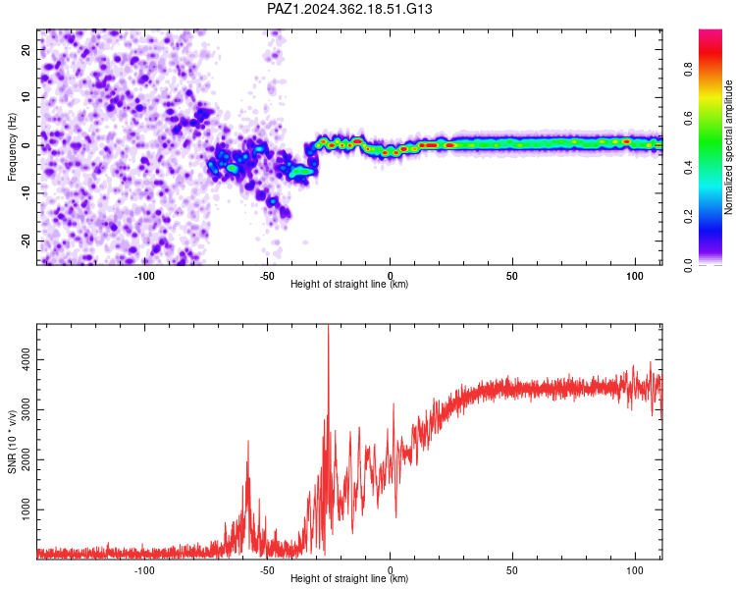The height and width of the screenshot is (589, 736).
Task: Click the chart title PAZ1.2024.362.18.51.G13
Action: [x=349, y=9]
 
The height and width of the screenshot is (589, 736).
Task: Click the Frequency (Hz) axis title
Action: [x=12, y=147]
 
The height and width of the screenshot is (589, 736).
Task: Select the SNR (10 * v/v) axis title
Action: [x=12, y=442]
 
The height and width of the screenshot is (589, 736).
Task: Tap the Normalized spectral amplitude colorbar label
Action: [x=728, y=147]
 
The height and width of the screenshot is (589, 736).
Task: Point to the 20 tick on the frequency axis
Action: [x=26, y=49]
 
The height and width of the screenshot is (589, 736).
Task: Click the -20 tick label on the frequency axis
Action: [x=26, y=241]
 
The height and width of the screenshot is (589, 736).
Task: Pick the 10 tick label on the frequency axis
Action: [x=26, y=97]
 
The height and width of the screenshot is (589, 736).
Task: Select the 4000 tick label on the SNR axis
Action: [x=26, y=360]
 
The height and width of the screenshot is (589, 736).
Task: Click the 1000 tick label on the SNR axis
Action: [x=26, y=509]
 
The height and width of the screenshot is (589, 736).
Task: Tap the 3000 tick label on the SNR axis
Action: [x=26, y=409]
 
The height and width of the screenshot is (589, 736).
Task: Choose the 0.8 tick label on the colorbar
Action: [x=688, y=69]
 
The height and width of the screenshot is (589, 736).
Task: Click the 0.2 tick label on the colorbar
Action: [x=688, y=217]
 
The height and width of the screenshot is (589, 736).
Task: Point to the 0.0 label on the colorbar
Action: [x=688, y=266]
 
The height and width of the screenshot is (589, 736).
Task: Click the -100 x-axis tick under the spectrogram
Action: [x=144, y=276]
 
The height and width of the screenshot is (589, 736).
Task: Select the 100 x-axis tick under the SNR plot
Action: [x=635, y=570]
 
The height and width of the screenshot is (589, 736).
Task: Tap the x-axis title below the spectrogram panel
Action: [x=349, y=284]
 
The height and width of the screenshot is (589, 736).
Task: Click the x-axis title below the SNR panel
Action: [x=349, y=578]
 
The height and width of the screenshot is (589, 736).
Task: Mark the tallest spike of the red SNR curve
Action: [x=328, y=326]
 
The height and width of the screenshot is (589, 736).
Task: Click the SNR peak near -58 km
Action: [x=248, y=442]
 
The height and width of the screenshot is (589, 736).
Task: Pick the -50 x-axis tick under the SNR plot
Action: [x=267, y=570]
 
